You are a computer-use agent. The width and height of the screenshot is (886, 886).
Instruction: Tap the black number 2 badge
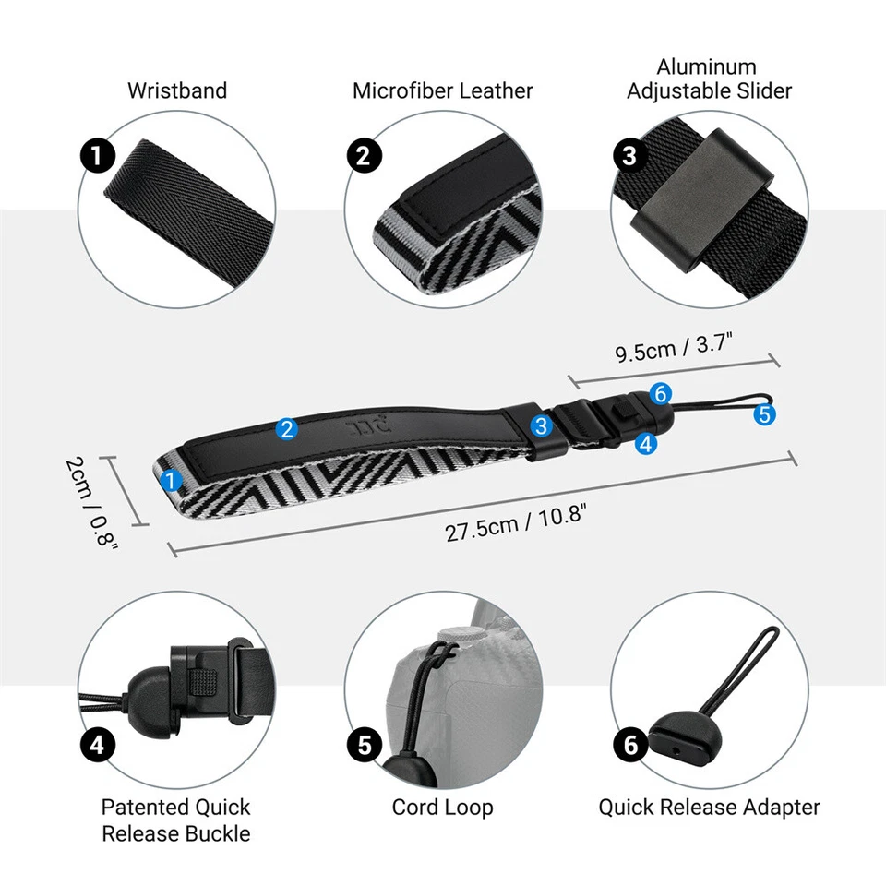[364, 155]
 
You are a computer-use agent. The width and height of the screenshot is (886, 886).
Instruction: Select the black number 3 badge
[629, 155]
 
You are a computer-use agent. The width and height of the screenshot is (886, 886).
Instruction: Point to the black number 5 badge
[364, 744]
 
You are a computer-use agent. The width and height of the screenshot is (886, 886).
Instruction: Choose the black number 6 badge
[631, 744]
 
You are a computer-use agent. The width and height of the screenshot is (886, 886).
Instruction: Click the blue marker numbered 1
[171, 480]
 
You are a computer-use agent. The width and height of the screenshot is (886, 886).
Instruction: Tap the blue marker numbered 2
[287, 428]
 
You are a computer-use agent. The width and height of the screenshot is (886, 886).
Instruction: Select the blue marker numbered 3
[542, 425]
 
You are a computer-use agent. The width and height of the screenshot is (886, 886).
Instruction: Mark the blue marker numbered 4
[646, 443]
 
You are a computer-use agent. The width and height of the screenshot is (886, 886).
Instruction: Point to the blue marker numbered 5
[764, 414]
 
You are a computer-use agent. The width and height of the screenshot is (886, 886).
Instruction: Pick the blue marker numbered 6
[659, 394]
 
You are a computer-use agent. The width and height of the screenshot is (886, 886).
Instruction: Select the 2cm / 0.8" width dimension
[94, 503]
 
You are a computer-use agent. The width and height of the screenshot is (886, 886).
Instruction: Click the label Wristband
[177, 90]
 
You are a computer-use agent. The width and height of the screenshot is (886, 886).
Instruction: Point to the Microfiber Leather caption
[443, 90]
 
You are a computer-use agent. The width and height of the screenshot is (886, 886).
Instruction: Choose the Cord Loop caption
[443, 807]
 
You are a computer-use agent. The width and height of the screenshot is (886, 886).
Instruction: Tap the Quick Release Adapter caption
[709, 807]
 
